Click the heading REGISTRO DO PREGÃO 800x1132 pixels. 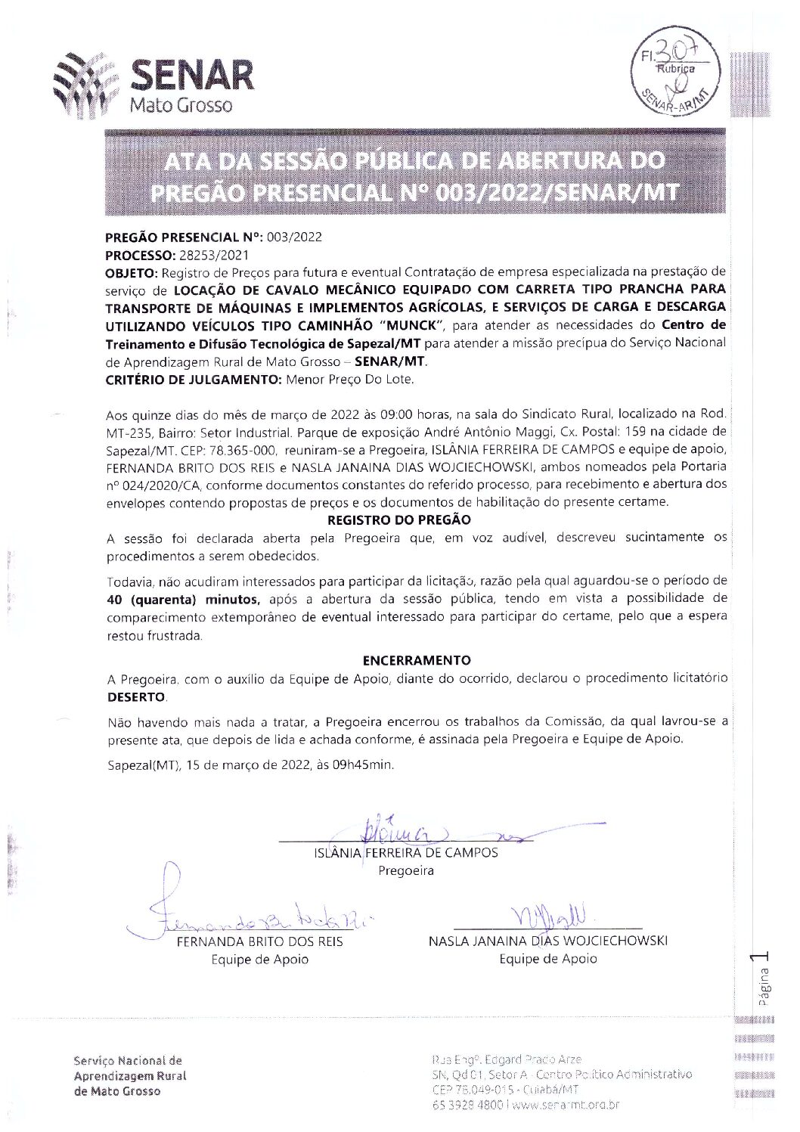click(398, 520)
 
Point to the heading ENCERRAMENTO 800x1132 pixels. click(416, 660)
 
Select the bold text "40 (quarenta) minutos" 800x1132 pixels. click(184, 600)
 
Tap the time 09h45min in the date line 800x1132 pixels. click(364, 764)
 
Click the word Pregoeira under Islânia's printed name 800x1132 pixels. click(406, 870)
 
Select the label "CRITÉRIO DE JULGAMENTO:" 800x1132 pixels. click(194, 379)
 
